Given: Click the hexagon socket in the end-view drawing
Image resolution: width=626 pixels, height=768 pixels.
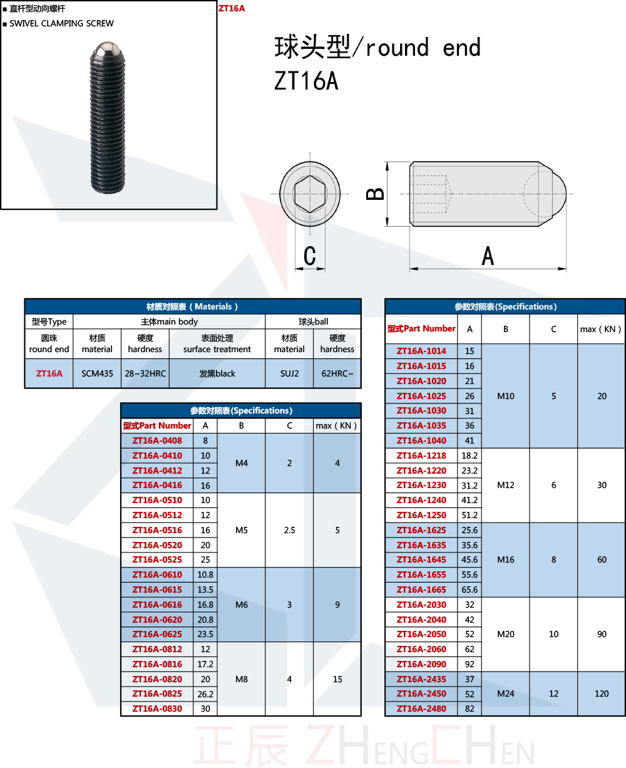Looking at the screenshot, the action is [x=310, y=194].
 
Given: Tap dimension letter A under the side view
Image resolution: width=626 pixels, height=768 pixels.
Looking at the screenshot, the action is [x=488, y=256].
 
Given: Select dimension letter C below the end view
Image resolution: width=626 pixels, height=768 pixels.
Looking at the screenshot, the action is [x=310, y=256].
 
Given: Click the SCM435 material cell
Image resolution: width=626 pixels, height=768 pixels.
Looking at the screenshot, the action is [x=97, y=373].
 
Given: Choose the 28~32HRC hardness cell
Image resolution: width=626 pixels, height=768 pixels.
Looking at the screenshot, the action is [x=145, y=373].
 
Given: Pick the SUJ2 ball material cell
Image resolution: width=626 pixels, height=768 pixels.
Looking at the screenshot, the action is [x=289, y=373].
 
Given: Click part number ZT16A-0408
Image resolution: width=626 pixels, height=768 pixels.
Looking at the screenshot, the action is [x=157, y=440].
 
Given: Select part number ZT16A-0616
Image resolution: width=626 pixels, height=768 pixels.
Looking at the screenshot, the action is [x=157, y=605].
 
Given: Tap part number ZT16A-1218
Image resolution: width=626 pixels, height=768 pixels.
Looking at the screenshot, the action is [x=421, y=455].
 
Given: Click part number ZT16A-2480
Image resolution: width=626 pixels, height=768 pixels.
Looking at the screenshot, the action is [x=421, y=708].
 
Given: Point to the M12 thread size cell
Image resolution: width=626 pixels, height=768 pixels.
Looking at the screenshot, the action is [x=506, y=485].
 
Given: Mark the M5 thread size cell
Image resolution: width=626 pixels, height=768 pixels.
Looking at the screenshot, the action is [x=242, y=530].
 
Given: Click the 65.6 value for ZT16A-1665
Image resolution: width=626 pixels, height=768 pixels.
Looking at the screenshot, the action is [x=469, y=589].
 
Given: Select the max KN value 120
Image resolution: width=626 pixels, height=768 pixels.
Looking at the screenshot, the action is [x=602, y=693].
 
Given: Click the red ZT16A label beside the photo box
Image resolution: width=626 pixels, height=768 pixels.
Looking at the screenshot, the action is [x=232, y=8].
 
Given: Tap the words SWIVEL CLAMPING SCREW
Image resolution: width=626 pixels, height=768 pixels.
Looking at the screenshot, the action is [x=61, y=23].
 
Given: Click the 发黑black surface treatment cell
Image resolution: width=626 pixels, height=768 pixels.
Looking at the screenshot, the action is [x=217, y=373].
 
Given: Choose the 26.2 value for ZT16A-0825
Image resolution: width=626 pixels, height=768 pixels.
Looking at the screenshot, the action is [x=205, y=694].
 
